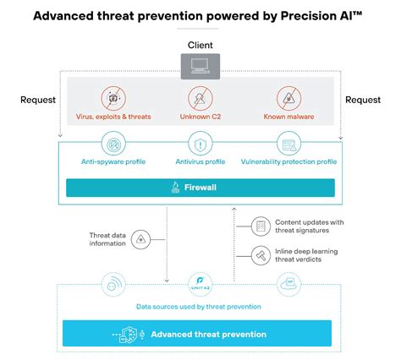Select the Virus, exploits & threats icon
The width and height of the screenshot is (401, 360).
[x=113, y=96]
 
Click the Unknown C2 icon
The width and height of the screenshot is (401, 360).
[x=200, y=96]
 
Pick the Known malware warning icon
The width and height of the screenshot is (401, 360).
[x=289, y=96]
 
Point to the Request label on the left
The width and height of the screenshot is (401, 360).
[x=38, y=100]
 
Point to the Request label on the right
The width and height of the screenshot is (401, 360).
[x=363, y=100]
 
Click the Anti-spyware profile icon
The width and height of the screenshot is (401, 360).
[x=113, y=144]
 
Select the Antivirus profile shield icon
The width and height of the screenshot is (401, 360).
[x=200, y=144]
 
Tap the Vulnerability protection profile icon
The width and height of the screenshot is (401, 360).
[x=289, y=144]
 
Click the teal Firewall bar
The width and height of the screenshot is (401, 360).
[x=200, y=188]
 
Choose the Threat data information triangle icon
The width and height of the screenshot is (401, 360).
[x=140, y=238]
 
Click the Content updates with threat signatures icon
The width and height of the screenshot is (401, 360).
[x=261, y=226]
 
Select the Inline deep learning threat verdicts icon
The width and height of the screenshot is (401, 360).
[x=261, y=253]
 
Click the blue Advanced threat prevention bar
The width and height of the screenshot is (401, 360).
[x=200, y=335]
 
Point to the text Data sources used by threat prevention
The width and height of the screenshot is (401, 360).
[x=200, y=307]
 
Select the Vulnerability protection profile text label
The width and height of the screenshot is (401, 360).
[x=289, y=161]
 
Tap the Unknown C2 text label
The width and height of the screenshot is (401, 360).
[x=200, y=116]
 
